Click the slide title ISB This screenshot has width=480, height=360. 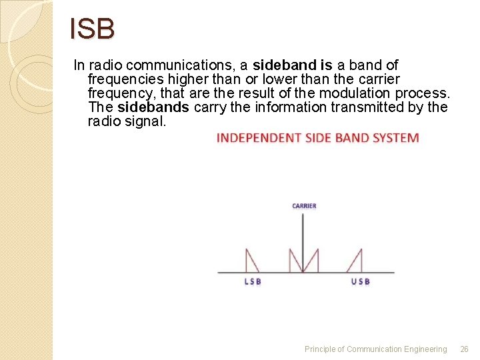(93, 29)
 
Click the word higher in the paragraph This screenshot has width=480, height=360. (185, 79)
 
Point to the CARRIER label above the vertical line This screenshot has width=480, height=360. (304, 206)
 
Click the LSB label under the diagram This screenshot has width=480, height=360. (253, 281)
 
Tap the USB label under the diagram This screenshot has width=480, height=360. (360, 281)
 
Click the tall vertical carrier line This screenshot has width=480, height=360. (304, 240)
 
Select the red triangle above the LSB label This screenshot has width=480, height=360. (252, 262)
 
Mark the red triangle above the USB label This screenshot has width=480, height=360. (357, 263)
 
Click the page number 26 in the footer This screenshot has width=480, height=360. (465, 349)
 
